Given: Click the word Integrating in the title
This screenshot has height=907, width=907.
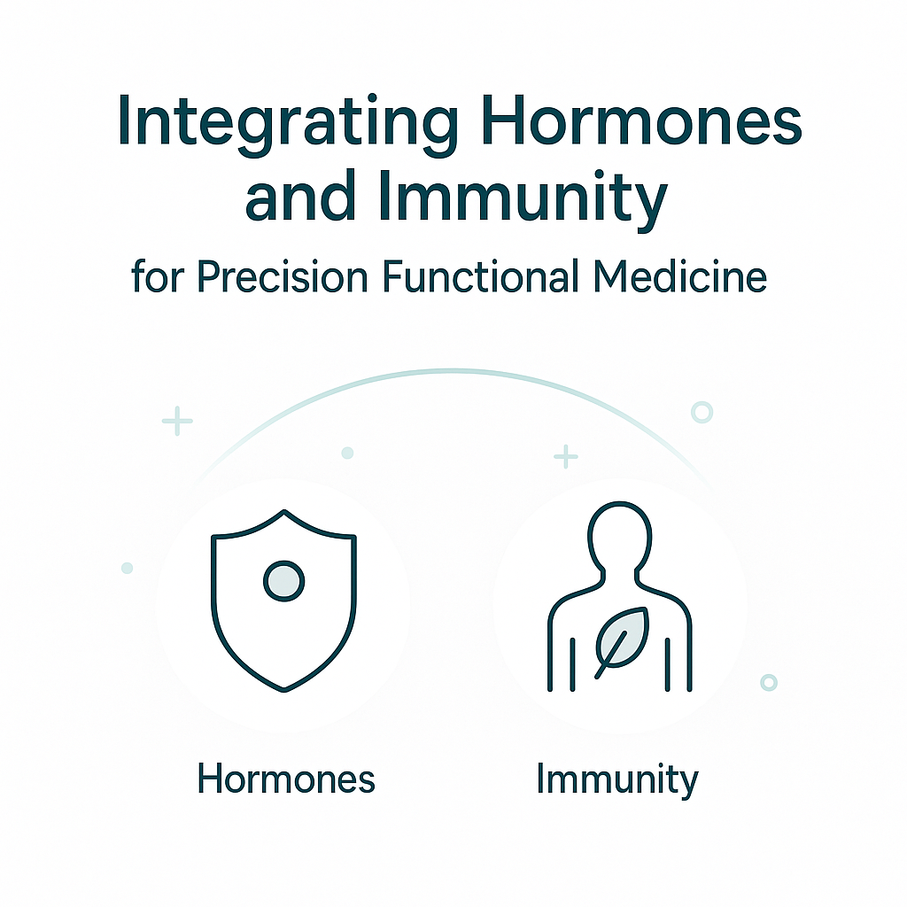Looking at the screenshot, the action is (x=288, y=124).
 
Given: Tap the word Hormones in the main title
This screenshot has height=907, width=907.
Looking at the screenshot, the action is (x=641, y=118).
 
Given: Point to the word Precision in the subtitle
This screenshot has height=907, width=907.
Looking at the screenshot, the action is (x=283, y=277).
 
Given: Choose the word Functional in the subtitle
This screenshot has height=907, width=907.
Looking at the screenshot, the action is (x=481, y=276).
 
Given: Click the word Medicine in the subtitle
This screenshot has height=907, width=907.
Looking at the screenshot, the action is (x=680, y=276).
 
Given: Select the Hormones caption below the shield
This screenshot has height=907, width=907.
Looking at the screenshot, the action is (x=286, y=779).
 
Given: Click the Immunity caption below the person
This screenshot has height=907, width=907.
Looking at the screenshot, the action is (x=617, y=780).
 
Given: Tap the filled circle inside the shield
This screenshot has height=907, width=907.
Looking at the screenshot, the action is (x=284, y=581).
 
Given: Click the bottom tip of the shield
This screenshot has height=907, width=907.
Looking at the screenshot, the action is (x=284, y=691).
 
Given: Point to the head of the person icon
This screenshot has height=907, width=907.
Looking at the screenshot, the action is (x=619, y=536).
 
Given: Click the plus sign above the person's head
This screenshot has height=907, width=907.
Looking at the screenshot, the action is (x=566, y=456).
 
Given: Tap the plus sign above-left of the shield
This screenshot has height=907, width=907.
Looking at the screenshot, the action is (x=177, y=421).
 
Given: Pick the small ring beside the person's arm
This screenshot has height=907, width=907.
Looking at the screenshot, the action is (x=769, y=683).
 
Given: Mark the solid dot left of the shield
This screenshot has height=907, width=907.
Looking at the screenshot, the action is (x=128, y=568).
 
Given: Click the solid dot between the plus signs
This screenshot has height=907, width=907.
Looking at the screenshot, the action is (x=347, y=453).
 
